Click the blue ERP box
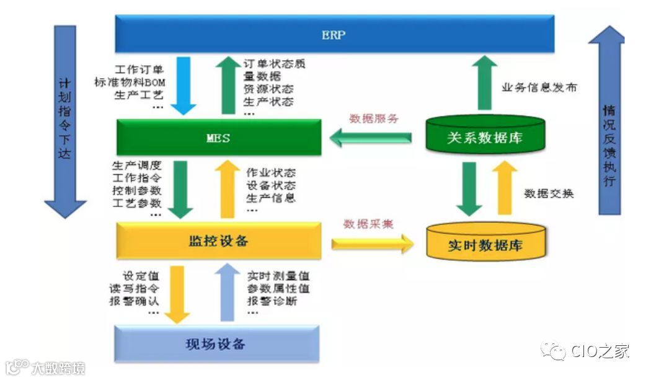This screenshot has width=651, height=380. (334, 35)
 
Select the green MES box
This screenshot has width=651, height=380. (218, 138)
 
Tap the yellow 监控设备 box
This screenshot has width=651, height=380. (218, 241)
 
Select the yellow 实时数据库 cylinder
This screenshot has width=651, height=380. (485, 244)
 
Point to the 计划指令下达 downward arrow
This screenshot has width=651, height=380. (65, 124)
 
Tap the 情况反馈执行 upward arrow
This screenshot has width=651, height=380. (606, 124)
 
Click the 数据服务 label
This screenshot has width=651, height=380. (373, 118)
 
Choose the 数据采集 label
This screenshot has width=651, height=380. (368, 224)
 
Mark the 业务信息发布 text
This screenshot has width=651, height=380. (539, 87)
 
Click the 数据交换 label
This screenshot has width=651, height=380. (549, 193)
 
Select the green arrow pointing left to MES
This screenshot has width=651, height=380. (370, 138)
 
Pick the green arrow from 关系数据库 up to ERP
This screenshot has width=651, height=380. (486, 84)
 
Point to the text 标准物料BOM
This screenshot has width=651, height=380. (130, 82)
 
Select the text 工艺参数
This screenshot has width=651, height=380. (136, 203)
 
